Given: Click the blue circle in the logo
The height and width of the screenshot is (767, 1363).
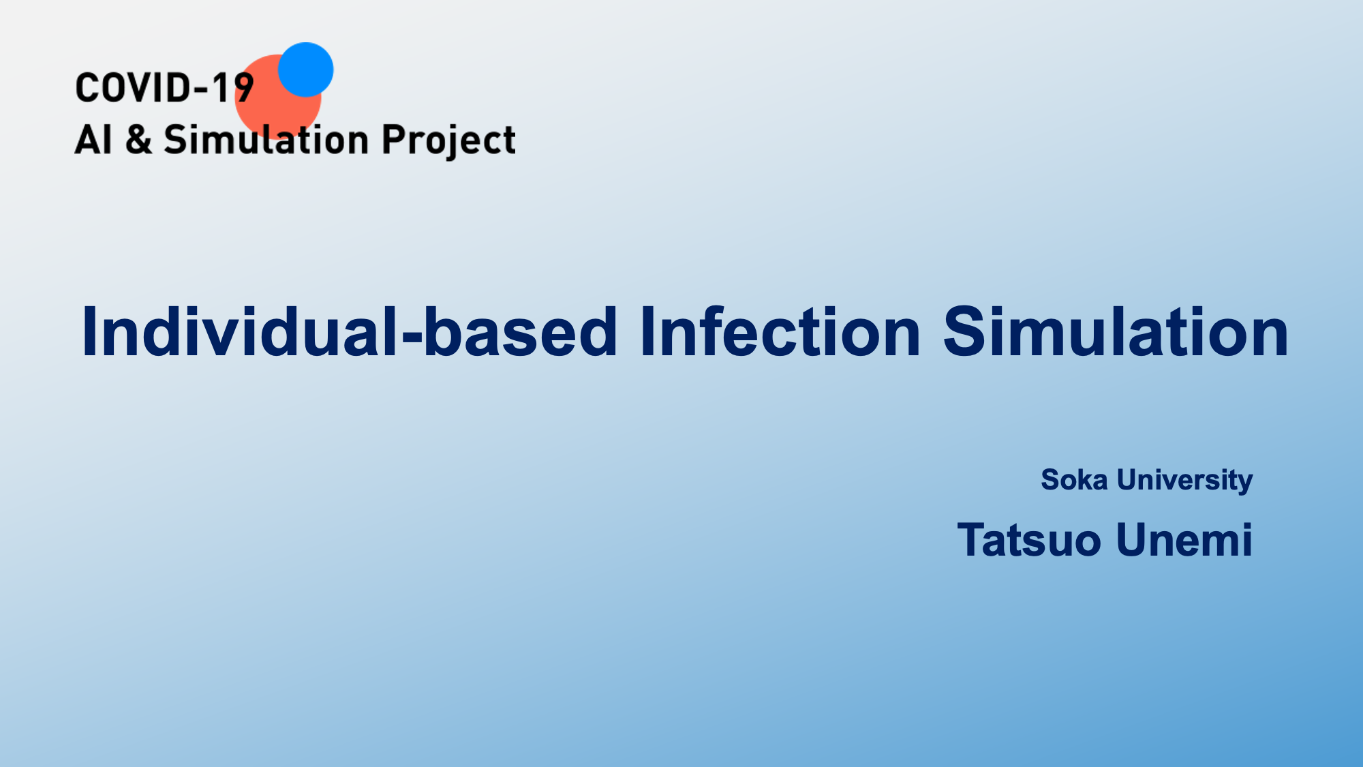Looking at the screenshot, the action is point(306,70).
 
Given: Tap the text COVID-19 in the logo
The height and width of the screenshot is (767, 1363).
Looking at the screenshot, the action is point(165,89).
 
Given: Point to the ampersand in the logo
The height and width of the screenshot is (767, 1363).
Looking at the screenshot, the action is point(138,140).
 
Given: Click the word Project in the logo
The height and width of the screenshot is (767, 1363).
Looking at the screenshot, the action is point(448,141).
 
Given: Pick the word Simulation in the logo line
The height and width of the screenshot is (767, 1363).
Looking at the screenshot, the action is point(266,140).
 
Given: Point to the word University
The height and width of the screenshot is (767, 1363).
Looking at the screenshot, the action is point(1184,481).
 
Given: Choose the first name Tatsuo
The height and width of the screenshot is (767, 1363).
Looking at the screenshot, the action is point(1029,540).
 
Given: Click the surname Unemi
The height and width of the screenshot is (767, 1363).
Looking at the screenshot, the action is point(1184,540).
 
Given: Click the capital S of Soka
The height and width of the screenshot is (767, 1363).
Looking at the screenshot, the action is point(1051,480).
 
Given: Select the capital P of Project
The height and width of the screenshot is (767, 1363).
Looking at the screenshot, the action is point(393,140).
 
